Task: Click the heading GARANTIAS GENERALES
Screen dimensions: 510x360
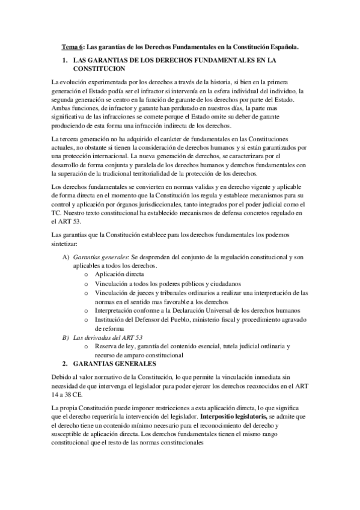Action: pos(114,364)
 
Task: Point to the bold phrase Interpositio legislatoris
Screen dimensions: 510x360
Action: pos(234,416)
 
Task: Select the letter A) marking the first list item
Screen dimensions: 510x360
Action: pos(67,257)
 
